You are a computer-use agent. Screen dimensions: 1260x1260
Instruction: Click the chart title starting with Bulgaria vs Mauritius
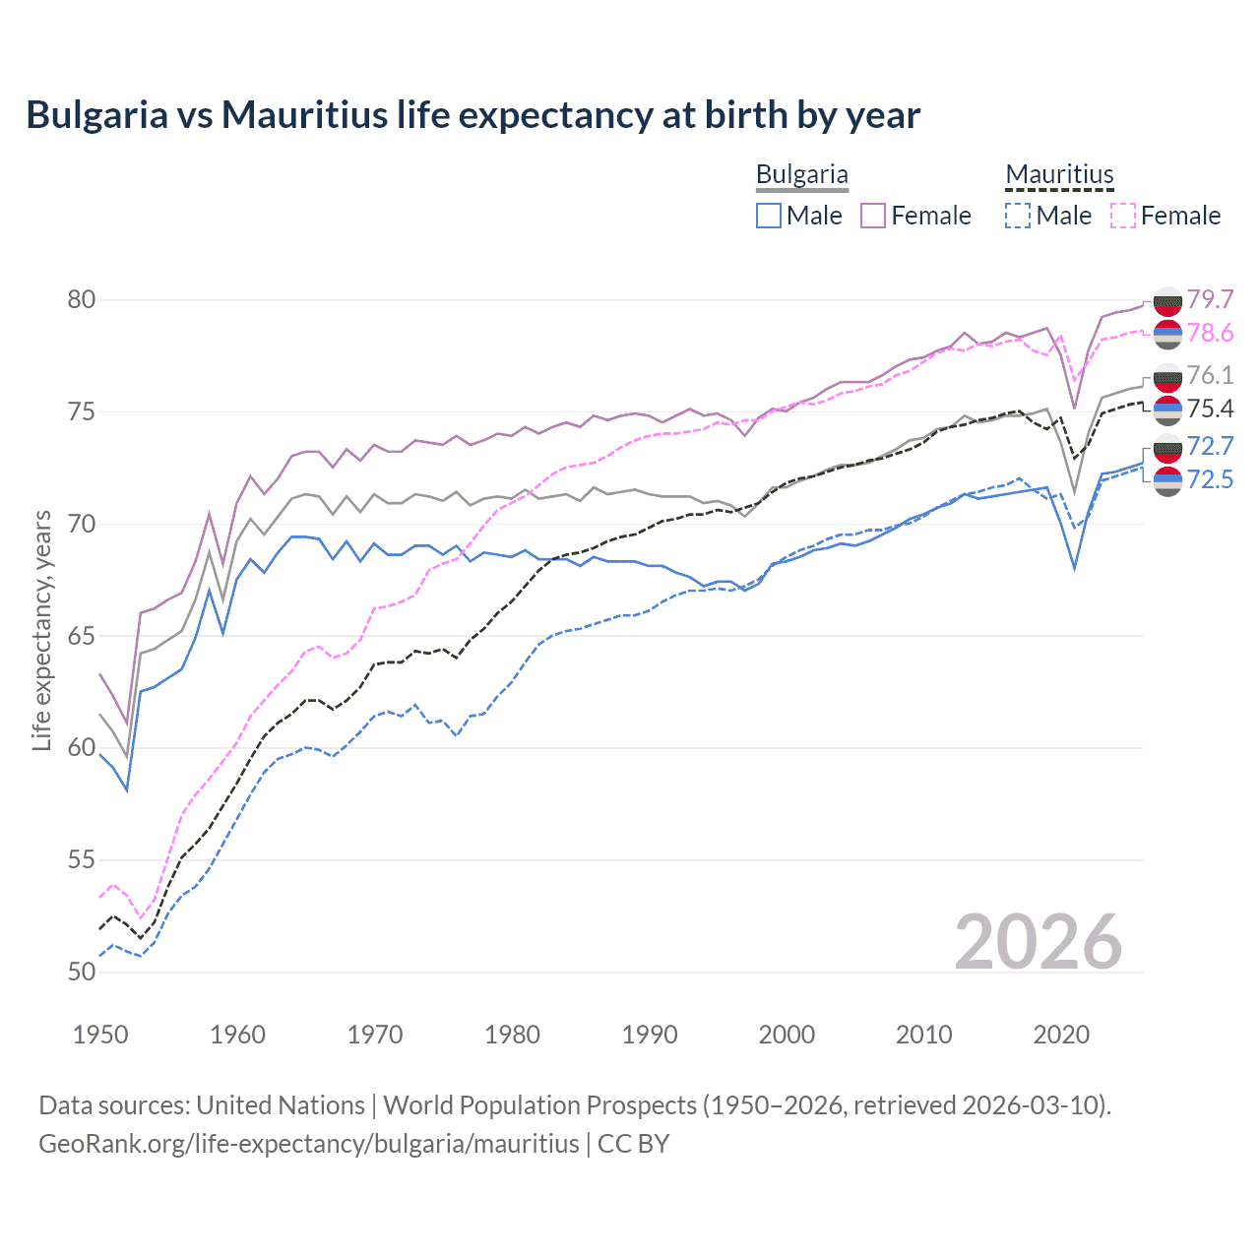click(x=472, y=115)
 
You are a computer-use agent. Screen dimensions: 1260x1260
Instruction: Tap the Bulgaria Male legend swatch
click(x=769, y=216)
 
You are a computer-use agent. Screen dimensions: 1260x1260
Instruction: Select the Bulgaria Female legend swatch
click(x=873, y=216)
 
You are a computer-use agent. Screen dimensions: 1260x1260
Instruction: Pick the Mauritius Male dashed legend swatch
click(x=1018, y=216)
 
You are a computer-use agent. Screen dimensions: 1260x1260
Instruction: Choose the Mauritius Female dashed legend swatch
click(x=1123, y=216)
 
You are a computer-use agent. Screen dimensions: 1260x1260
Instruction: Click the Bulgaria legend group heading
click(x=801, y=175)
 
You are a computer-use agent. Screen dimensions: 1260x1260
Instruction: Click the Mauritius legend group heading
click(x=1059, y=175)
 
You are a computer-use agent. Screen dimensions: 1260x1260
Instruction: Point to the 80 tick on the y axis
click(x=82, y=299)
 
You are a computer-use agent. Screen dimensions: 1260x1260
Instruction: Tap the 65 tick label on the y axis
click(x=82, y=636)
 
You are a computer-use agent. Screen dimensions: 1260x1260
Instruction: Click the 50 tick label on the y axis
click(x=82, y=973)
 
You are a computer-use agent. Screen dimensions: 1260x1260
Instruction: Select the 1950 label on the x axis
click(x=100, y=1035)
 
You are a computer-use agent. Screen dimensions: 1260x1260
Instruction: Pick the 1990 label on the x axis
click(x=650, y=1035)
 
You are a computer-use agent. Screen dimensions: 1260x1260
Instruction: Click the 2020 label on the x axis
click(x=1061, y=1035)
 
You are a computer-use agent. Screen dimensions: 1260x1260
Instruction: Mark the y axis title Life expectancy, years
click(x=41, y=630)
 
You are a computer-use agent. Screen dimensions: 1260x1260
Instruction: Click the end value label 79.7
click(x=1210, y=299)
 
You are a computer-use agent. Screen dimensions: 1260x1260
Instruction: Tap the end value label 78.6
click(x=1210, y=334)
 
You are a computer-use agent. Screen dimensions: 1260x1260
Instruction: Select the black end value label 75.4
click(x=1210, y=409)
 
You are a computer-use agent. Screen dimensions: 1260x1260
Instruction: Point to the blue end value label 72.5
click(x=1210, y=479)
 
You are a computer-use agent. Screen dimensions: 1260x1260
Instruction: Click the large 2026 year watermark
click(x=1038, y=942)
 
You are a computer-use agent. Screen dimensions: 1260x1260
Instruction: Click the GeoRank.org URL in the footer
click(x=309, y=1144)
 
